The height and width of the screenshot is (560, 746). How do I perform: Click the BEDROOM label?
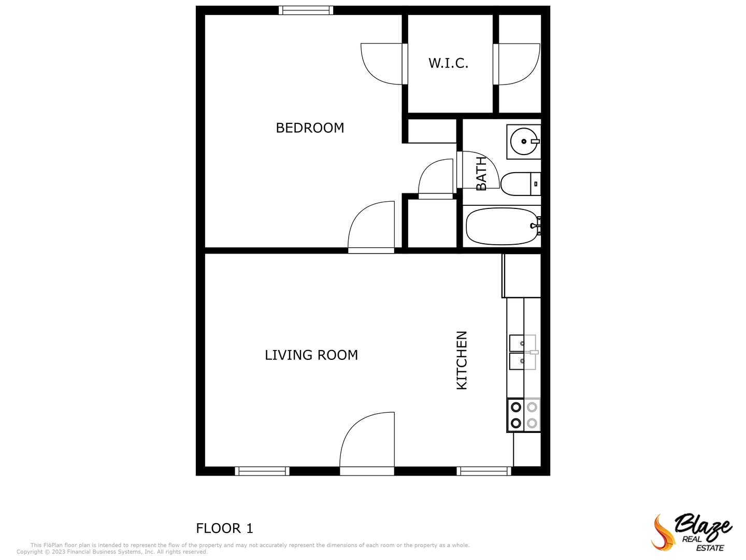(310, 128)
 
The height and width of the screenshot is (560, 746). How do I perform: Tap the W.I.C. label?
(448, 63)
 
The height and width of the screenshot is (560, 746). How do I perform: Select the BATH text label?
(481, 174)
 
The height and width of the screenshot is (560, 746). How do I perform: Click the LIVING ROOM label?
(311, 355)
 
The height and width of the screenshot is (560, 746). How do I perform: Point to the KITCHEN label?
(462, 360)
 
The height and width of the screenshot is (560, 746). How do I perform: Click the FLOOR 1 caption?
(224, 528)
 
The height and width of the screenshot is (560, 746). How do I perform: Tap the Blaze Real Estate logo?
(692, 532)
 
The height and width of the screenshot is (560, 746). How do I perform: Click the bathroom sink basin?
(523, 141)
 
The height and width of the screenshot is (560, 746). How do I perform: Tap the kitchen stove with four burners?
(524, 415)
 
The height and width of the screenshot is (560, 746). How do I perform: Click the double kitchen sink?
(522, 352)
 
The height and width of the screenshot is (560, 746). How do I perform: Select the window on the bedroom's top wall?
(306, 10)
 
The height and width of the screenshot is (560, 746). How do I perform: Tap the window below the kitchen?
(484, 471)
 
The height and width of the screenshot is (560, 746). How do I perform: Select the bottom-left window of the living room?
(262, 471)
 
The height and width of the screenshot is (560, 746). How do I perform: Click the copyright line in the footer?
(112, 552)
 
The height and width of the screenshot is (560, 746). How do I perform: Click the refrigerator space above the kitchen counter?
(522, 275)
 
